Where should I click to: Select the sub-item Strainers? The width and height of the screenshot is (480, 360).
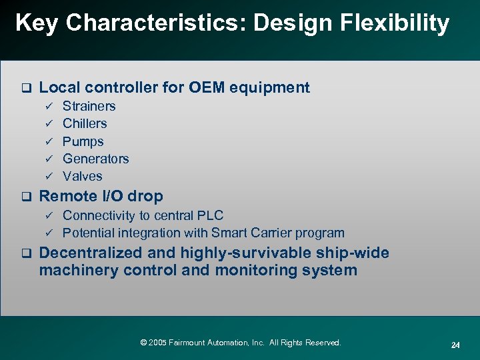(x=89, y=106)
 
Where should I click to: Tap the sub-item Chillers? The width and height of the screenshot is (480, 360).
(x=85, y=123)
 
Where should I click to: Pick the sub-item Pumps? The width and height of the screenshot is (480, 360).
(x=83, y=141)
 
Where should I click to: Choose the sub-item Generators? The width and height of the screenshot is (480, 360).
(x=95, y=159)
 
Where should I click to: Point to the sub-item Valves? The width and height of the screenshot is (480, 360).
(x=82, y=176)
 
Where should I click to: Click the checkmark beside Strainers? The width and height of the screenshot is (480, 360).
(x=48, y=106)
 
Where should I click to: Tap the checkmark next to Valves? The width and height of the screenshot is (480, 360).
(x=48, y=176)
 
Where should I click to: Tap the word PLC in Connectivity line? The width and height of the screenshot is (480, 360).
(x=210, y=215)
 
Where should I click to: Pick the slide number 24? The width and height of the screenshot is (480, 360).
(x=455, y=345)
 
